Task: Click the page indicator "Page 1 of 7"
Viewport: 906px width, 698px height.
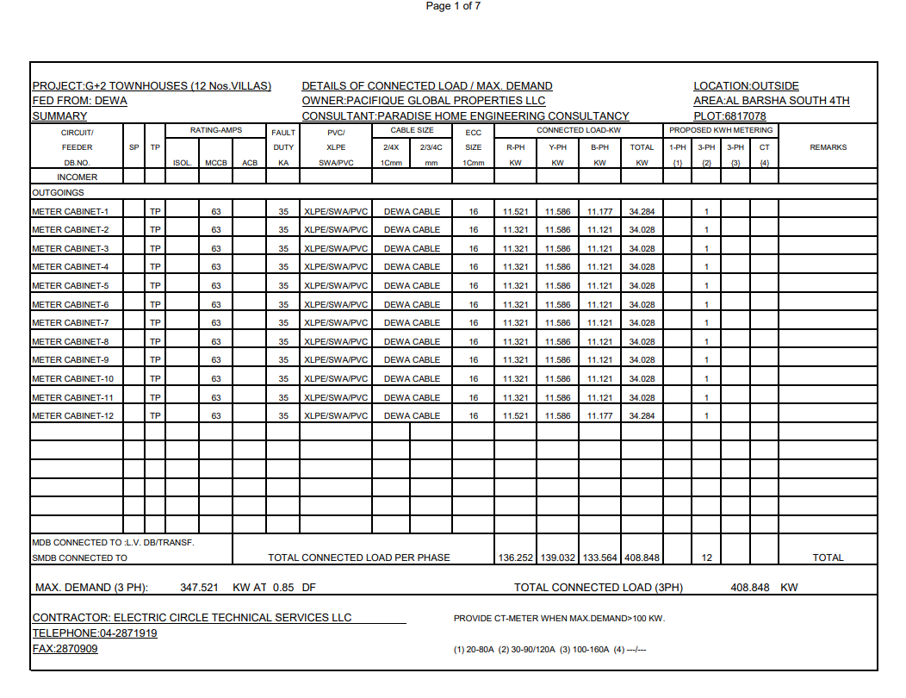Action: tap(453, 6)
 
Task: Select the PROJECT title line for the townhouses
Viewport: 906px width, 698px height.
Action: tap(152, 86)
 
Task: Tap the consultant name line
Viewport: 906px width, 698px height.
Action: tap(465, 116)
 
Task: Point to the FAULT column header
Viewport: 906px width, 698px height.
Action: tap(283, 133)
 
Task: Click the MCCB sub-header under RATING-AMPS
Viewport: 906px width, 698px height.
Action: tap(215, 163)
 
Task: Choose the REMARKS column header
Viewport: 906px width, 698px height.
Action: tap(828, 147)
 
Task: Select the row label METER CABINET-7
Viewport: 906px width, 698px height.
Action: tap(71, 323)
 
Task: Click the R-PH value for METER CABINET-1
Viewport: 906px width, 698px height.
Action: tap(515, 211)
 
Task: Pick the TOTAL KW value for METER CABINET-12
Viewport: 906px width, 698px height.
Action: tap(642, 416)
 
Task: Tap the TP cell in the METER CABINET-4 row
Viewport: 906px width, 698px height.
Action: tap(155, 267)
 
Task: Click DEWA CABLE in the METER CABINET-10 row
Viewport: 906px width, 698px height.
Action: tap(412, 379)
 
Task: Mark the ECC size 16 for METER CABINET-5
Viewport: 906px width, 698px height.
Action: tap(474, 286)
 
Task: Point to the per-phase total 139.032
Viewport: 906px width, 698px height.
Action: tap(557, 558)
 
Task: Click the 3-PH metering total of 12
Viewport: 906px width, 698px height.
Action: tap(706, 558)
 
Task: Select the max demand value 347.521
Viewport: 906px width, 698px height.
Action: tap(199, 588)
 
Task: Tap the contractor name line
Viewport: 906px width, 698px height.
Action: tap(192, 618)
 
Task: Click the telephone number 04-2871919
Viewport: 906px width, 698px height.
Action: tap(95, 633)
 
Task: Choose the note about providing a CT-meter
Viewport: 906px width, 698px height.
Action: tap(559, 619)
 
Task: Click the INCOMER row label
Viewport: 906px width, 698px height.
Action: tap(77, 177)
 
